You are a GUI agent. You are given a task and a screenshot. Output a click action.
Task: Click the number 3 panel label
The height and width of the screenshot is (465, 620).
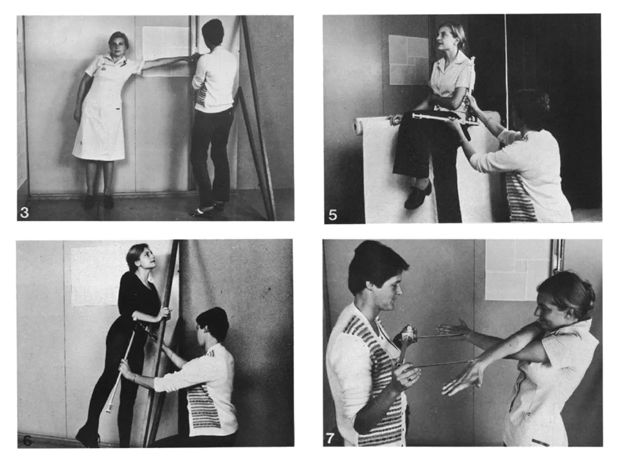point(25,213)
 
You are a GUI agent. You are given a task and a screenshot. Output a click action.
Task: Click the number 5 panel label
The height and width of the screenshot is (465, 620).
point(333,215)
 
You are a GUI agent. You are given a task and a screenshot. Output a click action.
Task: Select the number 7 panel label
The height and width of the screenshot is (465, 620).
point(330,438)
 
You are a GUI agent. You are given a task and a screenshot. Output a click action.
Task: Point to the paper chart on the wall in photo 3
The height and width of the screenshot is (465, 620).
point(166,51)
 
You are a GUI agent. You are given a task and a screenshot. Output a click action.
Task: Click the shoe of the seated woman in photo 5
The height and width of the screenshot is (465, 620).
point(418,194)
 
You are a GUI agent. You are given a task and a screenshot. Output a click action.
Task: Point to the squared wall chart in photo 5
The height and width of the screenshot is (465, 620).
point(409,60)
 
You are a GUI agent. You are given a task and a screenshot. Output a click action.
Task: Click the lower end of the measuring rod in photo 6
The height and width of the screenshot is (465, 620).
point(108,409)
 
